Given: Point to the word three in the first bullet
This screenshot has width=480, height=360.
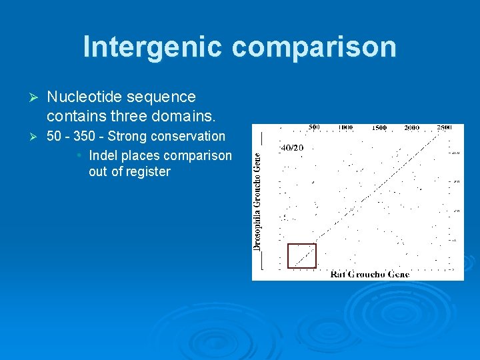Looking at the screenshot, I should [129, 116].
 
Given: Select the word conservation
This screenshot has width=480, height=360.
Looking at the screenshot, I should [189, 136].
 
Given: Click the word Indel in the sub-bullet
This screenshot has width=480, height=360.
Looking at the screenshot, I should [103, 155].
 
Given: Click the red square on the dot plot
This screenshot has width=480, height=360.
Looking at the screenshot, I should [301, 256].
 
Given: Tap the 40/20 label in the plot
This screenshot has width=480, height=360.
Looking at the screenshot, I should [291, 147].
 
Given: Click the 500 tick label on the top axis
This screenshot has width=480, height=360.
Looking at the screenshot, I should [314, 127].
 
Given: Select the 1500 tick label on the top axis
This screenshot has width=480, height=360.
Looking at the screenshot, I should [379, 127].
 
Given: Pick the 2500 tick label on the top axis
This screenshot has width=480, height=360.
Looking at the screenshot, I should [444, 127].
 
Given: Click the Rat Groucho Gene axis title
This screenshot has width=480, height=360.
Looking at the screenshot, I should [369, 274].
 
